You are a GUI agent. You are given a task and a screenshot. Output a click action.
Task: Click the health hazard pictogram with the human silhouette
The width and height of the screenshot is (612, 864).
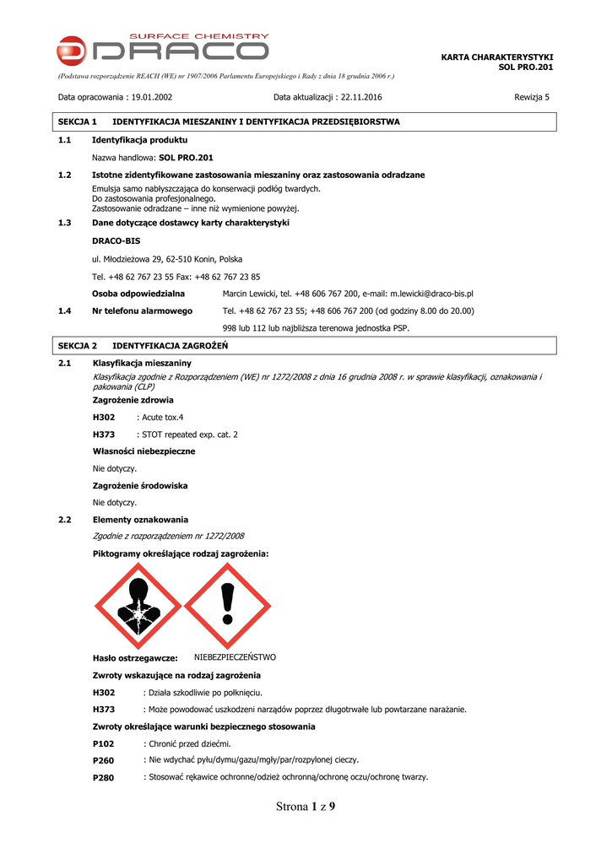tap(137, 605)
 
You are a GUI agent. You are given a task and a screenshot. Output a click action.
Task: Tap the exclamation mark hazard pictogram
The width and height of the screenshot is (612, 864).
tap(226, 605)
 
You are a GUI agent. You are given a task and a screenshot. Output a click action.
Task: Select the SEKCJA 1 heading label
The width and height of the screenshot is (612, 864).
tap(79, 122)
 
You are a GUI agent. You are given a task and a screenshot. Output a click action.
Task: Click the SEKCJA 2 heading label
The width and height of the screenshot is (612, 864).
tap(79, 346)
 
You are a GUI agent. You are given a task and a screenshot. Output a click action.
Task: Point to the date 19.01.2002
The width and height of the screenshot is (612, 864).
tap(153, 97)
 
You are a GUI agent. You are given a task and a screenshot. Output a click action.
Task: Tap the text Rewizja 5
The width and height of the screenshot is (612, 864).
tap(532, 97)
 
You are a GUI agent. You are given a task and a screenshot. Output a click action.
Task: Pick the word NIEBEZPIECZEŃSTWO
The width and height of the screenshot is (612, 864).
tap(235, 656)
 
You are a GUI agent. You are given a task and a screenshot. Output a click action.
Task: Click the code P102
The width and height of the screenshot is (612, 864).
tap(103, 744)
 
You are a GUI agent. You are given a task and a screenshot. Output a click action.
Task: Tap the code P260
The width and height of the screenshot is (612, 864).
tap(103, 760)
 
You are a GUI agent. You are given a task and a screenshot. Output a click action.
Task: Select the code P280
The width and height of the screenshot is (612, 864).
tap(103, 777)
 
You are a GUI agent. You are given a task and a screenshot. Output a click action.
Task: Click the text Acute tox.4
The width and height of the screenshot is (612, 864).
tap(163, 417)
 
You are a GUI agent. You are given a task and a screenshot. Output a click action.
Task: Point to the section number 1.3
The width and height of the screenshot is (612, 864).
tap(64, 223)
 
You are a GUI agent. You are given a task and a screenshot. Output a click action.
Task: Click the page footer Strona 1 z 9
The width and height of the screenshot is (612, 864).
tap(306, 807)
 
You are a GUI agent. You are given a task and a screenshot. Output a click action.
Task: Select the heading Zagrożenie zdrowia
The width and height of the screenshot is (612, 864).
tap(133, 400)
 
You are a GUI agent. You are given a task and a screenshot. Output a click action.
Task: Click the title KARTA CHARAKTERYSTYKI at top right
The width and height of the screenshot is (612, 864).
tap(497, 57)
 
